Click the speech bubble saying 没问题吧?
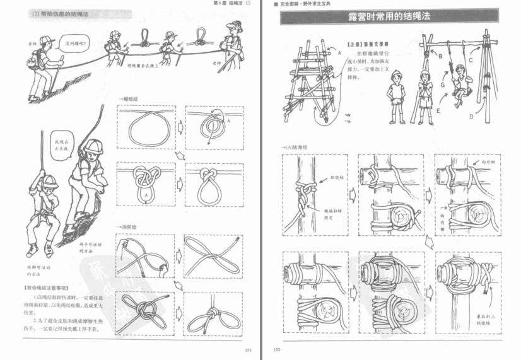(74, 45)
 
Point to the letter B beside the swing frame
(441, 57)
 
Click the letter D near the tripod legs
(471, 116)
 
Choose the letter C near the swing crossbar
(471, 60)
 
